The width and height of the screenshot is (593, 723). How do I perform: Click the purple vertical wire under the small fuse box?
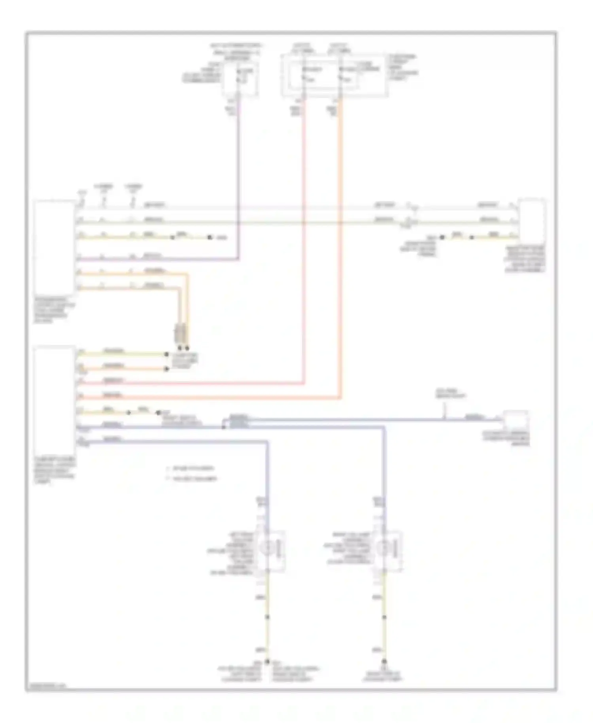(x=239, y=178)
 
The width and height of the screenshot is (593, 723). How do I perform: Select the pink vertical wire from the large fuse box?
(x=304, y=237)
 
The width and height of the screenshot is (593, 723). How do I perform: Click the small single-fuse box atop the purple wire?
(x=241, y=78)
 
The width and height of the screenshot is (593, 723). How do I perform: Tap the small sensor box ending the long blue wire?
(x=516, y=420)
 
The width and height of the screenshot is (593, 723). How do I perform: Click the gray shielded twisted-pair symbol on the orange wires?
(x=181, y=333)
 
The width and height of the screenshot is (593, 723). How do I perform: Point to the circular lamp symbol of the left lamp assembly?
(x=266, y=549)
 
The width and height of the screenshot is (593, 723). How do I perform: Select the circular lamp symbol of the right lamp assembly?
(x=383, y=549)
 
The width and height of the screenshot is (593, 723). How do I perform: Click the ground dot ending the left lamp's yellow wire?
(x=267, y=661)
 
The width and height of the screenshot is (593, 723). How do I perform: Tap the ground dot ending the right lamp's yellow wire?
(x=384, y=661)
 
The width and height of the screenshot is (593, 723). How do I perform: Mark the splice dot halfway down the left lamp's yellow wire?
(x=267, y=617)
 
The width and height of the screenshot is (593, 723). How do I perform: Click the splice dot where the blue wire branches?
(x=224, y=427)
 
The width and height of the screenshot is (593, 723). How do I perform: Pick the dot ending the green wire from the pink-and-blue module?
(x=159, y=413)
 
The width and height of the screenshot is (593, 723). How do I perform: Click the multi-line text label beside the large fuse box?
(x=403, y=67)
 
